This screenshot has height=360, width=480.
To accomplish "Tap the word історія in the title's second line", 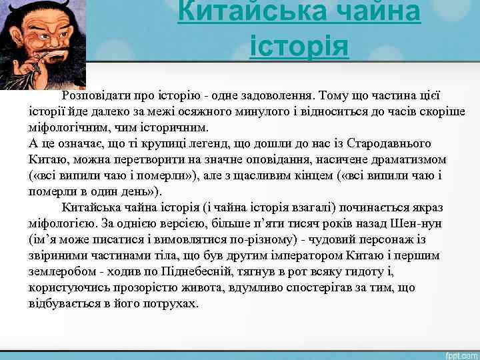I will coord(299,46).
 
